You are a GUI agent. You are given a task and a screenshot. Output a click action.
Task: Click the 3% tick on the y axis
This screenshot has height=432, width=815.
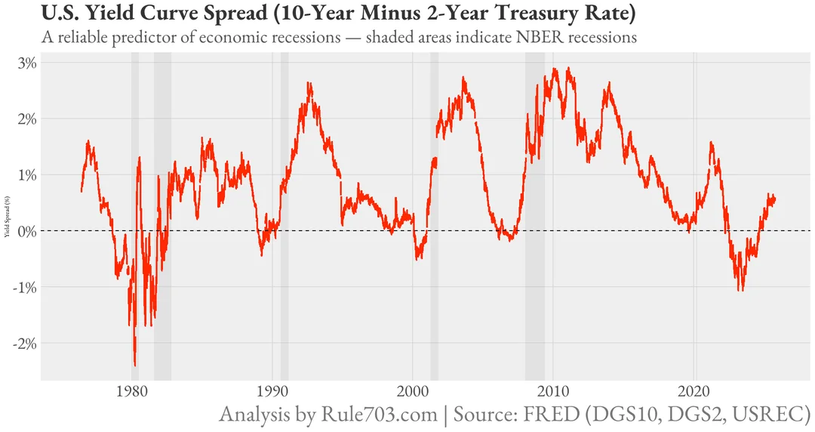point(26,63)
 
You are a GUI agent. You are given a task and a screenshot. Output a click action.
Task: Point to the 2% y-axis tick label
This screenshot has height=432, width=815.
point(26,119)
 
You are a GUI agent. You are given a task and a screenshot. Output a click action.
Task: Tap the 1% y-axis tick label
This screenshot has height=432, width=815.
point(26,174)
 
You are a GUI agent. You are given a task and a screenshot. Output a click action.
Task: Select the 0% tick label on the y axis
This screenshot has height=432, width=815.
point(26,230)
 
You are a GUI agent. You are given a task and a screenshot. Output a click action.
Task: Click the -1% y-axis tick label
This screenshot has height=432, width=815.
point(25,287)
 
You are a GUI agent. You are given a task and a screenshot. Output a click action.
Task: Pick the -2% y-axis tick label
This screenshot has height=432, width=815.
point(25,343)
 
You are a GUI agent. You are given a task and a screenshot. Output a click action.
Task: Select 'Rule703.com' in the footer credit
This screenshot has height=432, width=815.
point(379,415)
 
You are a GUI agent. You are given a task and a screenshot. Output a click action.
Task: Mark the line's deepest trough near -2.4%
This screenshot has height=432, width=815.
point(135,365)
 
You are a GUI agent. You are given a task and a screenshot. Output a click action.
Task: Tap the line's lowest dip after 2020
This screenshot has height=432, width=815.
point(741,290)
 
